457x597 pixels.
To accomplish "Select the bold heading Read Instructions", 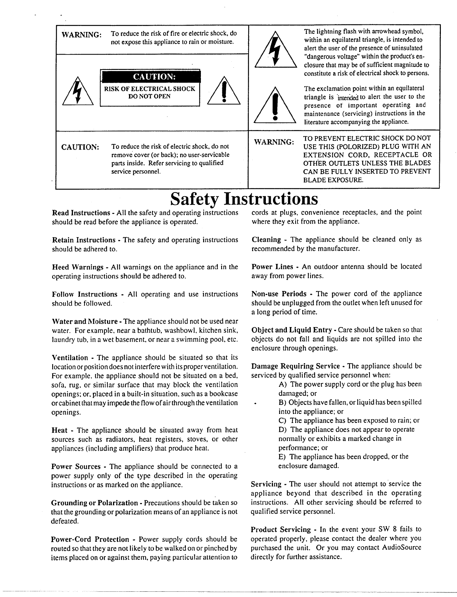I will point(80,213).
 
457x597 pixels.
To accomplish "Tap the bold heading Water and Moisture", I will point(85,321).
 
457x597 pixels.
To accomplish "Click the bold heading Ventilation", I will point(70,358).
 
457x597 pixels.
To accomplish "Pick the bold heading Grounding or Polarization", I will point(94,503).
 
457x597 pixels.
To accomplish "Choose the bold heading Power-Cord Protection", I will point(90,539).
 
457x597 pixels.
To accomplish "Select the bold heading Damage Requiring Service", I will point(296,366).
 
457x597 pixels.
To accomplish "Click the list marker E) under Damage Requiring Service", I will point(282,457).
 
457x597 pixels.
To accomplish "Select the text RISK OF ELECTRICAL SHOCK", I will point(149,89).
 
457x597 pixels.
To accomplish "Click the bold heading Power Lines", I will point(272,267).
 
